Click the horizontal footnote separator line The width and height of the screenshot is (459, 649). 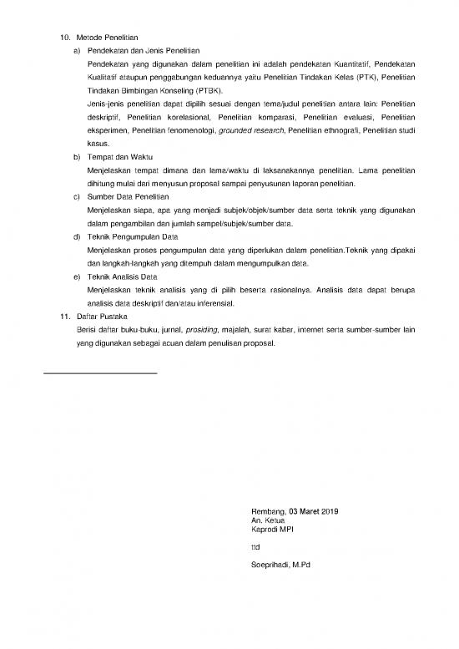click(x=99, y=372)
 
